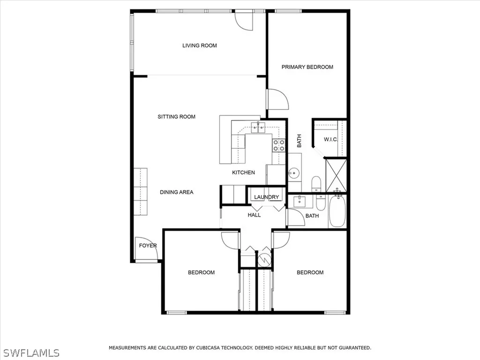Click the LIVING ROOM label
[199, 45]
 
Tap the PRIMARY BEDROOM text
[307, 67]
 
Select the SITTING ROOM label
[176, 117]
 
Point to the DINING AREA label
[176, 192]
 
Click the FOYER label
[148, 246]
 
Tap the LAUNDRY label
[267, 197]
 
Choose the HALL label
[254, 215]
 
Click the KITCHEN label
[243, 172]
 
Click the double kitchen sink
[258, 126]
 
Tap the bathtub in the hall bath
[337, 211]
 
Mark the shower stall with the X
[337, 175]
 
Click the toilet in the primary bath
[316, 183]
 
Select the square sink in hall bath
[298, 202]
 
